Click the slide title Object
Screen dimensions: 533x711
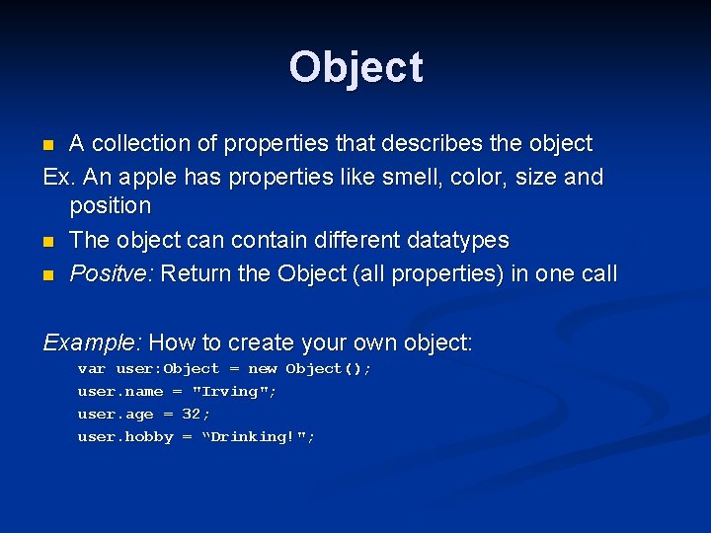(355, 67)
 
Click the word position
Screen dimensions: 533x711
(111, 206)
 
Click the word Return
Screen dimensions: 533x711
(193, 273)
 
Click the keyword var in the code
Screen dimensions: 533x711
(92, 369)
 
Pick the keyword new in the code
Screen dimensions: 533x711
(262, 369)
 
